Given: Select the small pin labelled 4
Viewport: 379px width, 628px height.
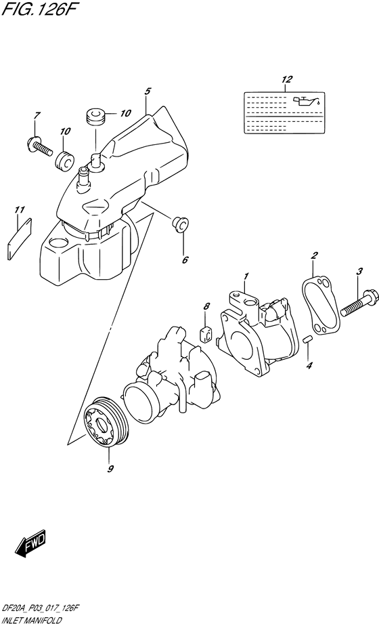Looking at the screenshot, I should pyautogui.click(x=307, y=339).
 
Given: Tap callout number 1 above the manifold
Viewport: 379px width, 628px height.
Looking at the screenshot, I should pyautogui.click(x=247, y=276).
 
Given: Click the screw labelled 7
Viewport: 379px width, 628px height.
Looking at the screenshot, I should pyautogui.click(x=40, y=144).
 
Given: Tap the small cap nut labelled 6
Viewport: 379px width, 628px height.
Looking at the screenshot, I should pyautogui.click(x=180, y=223).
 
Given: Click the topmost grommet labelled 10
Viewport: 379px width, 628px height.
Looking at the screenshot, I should pyautogui.click(x=95, y=116).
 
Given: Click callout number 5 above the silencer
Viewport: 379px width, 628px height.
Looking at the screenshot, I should pyautogui.click(x=147, y=89).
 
